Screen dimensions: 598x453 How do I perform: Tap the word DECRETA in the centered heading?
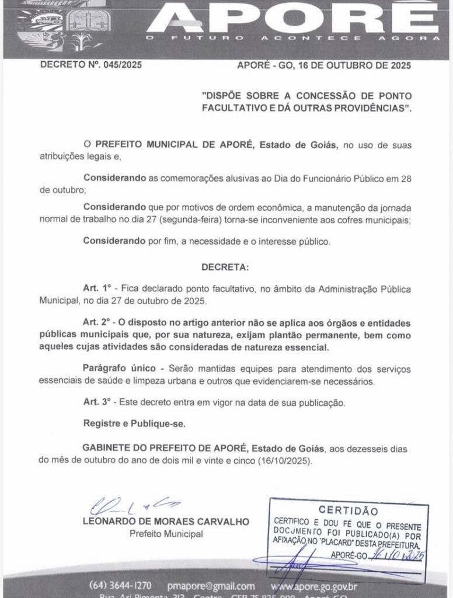click(225, 267)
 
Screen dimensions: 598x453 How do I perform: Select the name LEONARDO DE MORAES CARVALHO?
click(166, 521)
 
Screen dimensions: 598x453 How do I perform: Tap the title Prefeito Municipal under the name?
click(166, 534)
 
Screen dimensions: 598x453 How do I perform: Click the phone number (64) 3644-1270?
click(121, 586)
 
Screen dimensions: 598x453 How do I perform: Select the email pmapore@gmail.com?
click(210, 586)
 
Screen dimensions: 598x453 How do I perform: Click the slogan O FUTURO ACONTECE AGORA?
click(292, 39)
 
